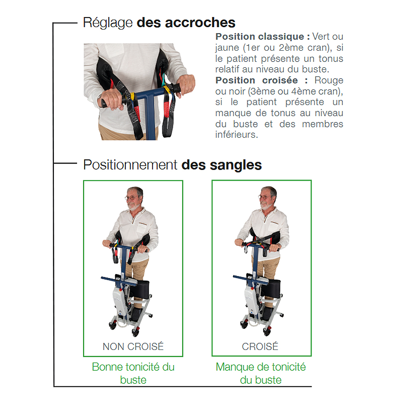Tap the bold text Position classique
(263, 37)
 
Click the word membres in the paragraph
(322, 124)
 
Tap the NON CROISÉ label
(133, 346)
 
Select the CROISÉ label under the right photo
(260, 346)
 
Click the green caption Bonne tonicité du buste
(133, 373)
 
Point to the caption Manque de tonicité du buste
(261, 373)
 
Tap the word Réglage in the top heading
(108, 22)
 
